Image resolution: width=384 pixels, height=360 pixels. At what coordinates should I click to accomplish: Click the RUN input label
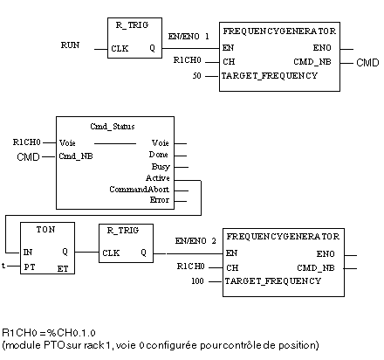click(70, 45)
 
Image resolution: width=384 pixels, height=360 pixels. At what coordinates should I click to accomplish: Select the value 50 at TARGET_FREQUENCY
click(196, 76)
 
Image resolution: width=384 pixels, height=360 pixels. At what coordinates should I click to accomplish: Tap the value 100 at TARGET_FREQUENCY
click(197, 281)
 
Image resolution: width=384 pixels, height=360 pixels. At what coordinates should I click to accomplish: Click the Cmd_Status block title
click(113, 127)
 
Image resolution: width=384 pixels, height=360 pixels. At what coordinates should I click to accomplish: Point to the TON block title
click(45, 230)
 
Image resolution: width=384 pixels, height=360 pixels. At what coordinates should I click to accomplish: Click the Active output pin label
click(158, 177)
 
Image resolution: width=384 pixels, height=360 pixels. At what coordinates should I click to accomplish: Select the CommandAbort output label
click(139, 190)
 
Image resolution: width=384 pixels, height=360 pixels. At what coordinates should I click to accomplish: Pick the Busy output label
click(161, 167)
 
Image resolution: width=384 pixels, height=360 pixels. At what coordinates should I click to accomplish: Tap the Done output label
click(159, 155)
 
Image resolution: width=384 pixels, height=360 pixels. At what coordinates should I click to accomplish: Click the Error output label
click(160, 200)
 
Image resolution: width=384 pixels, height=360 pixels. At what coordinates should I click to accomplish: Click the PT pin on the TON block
click(30, 267)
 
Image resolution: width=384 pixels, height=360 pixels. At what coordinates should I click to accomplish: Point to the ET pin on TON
click(63, 269)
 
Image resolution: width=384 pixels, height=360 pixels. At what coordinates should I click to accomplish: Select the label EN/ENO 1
click(189, 37)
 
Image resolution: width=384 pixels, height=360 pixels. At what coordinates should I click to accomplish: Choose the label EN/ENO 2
click(195, 241)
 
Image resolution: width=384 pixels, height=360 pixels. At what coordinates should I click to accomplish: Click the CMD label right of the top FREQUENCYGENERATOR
click(367, 63)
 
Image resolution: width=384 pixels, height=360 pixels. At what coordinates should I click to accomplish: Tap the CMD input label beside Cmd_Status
click(28, 157)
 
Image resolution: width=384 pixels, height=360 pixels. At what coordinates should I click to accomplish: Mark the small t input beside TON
click(3, 266)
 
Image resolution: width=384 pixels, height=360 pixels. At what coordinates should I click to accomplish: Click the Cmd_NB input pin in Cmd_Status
click(76, 156)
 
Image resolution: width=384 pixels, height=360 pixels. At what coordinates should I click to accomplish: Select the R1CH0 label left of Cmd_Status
click(26, 142)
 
